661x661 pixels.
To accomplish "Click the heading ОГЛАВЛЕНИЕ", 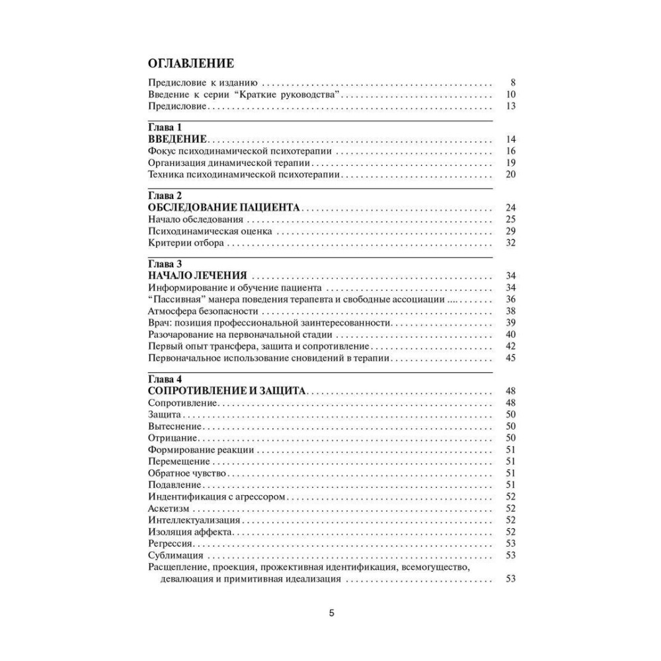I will (190, 64).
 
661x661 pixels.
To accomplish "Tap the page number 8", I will (512, 83).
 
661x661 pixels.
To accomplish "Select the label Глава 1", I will (165, 127).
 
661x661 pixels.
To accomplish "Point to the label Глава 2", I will (165, 196).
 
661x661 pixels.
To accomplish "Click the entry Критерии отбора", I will (186, 243).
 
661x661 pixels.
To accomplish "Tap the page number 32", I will (510, 243).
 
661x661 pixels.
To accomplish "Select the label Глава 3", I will (165, 265).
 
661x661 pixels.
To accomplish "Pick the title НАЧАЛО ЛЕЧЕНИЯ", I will (198, 276).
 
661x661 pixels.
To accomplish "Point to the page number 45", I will (510, 358).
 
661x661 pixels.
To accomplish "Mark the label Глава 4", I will (165, 379).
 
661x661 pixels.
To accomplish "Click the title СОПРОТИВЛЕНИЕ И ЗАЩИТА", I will (227, 391).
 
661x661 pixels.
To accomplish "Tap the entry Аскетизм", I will (169, 508).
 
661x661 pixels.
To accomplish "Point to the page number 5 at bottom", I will (332, 613).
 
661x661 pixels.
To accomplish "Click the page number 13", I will (510, 106).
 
